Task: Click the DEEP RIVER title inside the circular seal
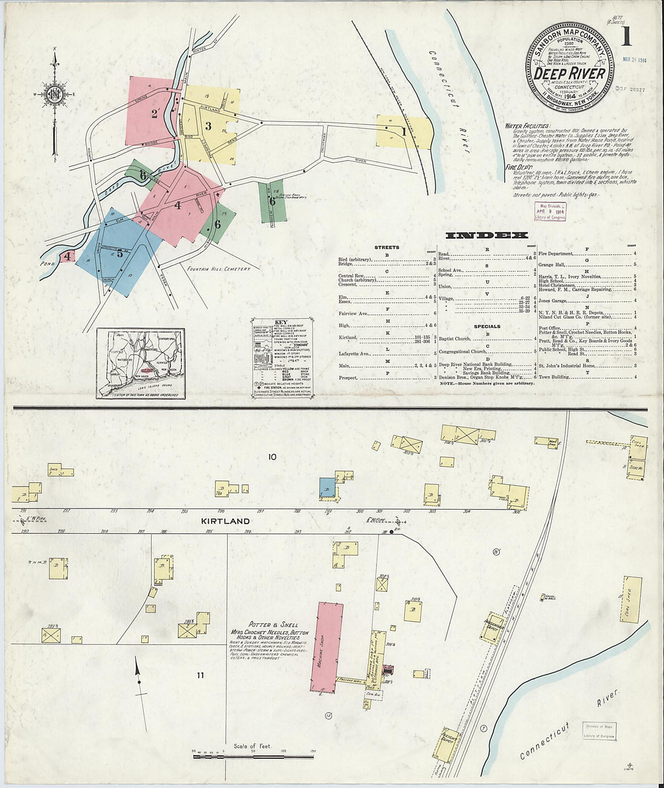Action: (x=570, y=73)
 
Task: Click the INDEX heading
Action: (x=487, y=235)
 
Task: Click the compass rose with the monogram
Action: (x=54, y=94)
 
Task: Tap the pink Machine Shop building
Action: (x=327, y=646)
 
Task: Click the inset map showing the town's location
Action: (x=140, y=363)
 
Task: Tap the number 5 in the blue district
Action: (x=120, y=254)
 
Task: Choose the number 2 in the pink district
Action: (x=154, y=113)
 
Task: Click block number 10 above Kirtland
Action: (x=272, y=457)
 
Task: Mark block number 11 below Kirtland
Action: (x=200, y=675)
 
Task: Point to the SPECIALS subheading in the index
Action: (x=487, y=326)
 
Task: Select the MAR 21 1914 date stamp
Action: (x=634, y=60)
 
